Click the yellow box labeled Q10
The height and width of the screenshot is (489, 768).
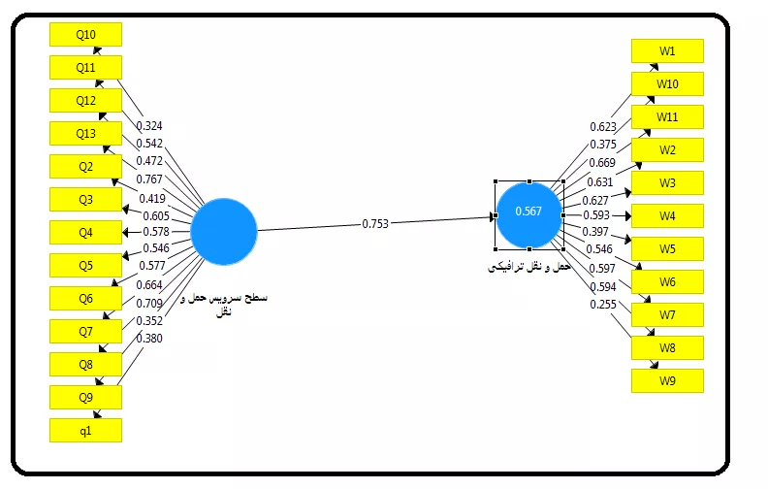coord(85,35)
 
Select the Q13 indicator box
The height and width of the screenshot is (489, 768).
coord(85,133)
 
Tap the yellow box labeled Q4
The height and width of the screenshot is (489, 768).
coord(85,232)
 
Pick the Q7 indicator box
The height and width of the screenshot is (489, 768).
coord(85,332)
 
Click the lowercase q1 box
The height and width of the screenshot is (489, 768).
coord(85,430)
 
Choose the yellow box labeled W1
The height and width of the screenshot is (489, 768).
coord(667,50)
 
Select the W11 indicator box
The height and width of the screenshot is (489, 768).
coord(667,116)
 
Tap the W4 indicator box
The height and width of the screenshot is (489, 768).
coord(667,215)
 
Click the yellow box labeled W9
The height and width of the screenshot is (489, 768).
coord(667,380)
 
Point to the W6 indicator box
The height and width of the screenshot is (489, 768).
coord(667,281)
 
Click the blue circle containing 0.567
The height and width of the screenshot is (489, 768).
coord(528,213)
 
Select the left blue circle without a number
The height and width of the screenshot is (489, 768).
coord(223,231)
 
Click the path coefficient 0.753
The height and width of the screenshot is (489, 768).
coord(375,223)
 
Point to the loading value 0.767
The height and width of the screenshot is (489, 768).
coord(149,179)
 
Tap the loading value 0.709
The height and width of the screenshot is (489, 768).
coord(149,303)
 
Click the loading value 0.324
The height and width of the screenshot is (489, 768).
coord(149,126)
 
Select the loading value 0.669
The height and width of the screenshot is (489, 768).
coord(603,162)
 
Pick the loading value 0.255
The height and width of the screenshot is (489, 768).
coord(603,305)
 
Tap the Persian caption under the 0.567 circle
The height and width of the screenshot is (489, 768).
coord(528,266)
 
